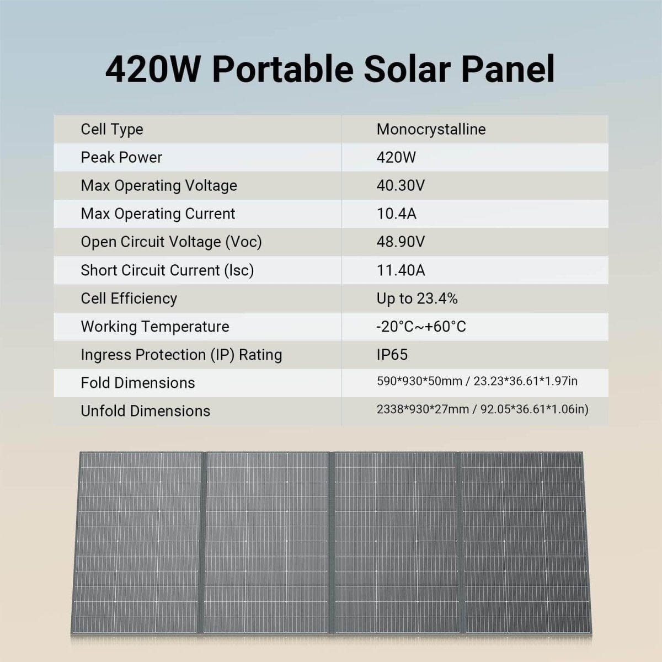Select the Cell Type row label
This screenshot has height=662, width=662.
112,129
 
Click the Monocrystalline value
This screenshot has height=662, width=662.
431,129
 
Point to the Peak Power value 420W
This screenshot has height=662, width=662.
396,157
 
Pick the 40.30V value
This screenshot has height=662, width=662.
401,185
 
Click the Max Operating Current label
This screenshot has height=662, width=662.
158,213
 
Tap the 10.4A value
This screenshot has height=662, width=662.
396,213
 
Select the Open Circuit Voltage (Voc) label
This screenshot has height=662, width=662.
171,242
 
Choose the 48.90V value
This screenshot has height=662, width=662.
401,242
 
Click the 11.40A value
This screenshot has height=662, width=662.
401,270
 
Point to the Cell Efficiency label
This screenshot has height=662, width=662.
129,298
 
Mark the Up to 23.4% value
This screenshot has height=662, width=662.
417,298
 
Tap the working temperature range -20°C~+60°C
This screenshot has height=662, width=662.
421,327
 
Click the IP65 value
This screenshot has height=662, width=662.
392,355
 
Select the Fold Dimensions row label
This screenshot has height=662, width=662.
138,383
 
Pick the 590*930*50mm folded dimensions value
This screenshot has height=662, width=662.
422,381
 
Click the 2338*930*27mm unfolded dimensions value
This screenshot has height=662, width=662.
423,409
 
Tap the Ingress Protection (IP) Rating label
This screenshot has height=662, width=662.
181,355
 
